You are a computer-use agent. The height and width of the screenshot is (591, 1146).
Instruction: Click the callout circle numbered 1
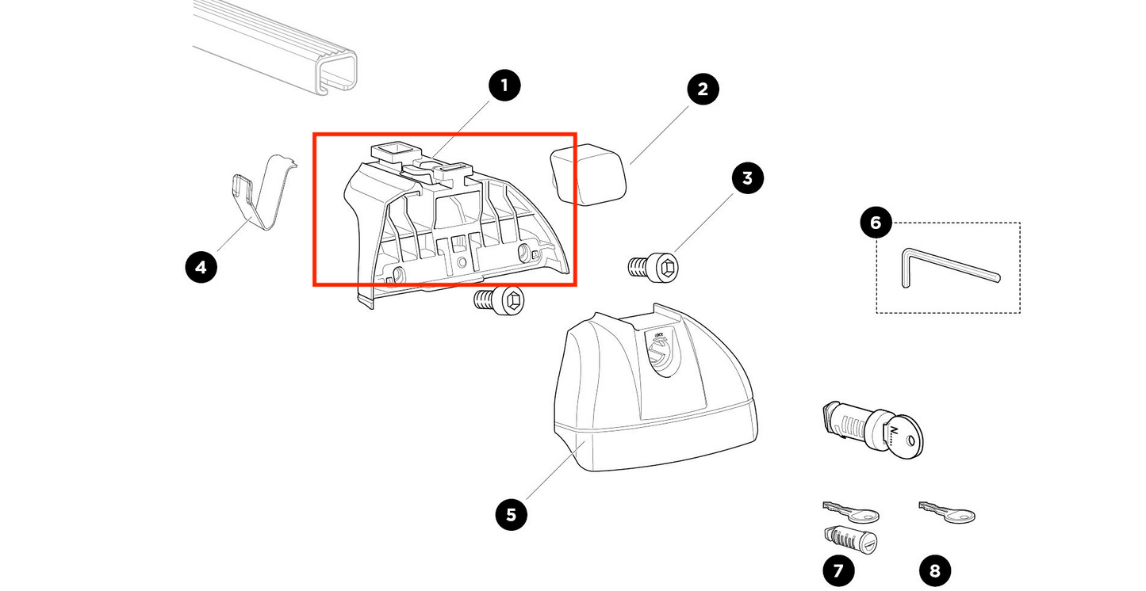(504, 86)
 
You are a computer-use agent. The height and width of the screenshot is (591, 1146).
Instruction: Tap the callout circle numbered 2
(702, 90)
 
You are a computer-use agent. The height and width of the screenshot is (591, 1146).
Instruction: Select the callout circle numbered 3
(747, 178)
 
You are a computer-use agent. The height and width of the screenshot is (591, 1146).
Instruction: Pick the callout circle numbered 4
(201, 268)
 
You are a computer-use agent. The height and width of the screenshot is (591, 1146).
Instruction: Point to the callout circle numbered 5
(512, 515)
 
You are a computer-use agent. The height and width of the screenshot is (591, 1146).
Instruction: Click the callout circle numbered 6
(876, 223)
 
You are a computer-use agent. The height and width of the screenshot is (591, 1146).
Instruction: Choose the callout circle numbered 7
(838, 570)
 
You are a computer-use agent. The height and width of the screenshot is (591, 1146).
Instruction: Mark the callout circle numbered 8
(935, 570)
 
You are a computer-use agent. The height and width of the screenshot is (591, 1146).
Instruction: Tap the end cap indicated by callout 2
(588, 175)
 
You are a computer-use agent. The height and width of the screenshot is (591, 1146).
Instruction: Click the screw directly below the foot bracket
(499, 301)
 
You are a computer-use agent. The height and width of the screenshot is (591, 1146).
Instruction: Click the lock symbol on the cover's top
(657, 353)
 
